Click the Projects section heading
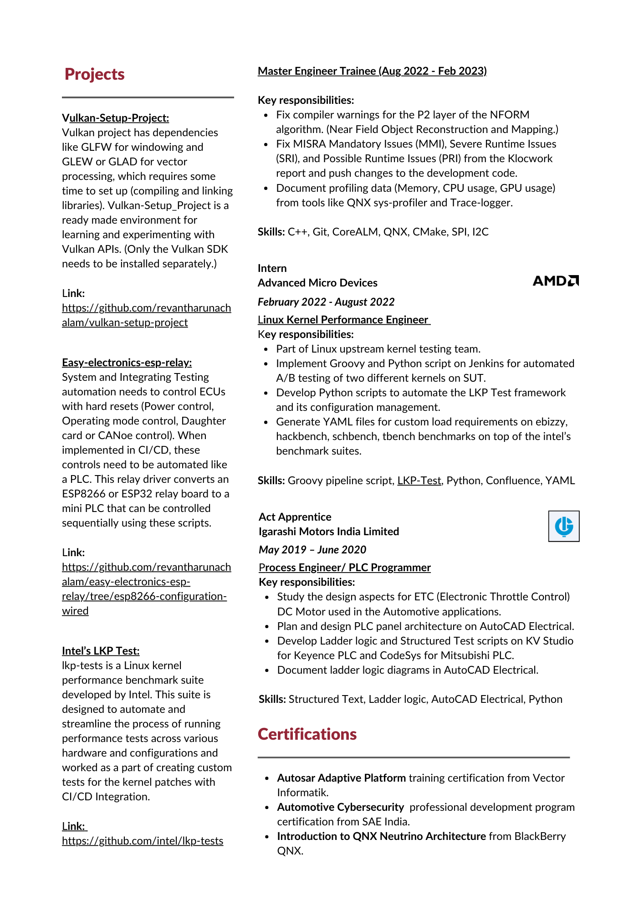click(x=94, y=74)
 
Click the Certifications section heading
click(x=307, y=734)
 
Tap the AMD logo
click(x=555, y=281)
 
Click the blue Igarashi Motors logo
click(x=563, y=526)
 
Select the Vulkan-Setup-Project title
click(x=115, y=118)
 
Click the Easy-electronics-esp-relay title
click(x=127, y=363)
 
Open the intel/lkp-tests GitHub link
click(x=143, y=841)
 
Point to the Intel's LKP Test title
click(x=101, y=651)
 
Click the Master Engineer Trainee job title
click(x=372, y=71)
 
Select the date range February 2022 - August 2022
click(x=326, y=302)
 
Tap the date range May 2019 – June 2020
click(x=312, y=550)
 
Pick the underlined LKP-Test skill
click(x=419, y=481)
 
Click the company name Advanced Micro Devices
click(x=317, y=283)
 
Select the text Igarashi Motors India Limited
click(x=328, y=532)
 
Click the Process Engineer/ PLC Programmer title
click(x=344, y=568)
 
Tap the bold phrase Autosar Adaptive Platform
click(x=341, y=778)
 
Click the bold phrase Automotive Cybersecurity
click(x=340, y=807)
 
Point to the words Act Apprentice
click(x=295, y=517)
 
